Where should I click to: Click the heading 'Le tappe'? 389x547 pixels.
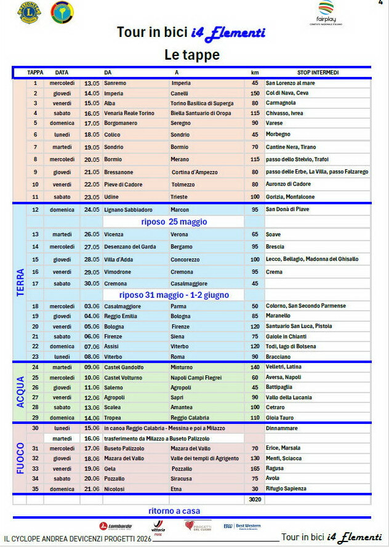coord(191,55)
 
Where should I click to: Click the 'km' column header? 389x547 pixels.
coord(254,73)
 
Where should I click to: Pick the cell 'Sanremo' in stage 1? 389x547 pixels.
coord(115,83)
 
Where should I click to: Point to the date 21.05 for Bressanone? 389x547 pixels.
coord(92,172)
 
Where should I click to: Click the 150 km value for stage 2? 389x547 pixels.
coord(254,93)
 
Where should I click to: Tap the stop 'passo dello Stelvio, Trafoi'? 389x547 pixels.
coord(297,159)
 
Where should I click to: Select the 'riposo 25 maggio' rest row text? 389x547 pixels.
coord(174,222)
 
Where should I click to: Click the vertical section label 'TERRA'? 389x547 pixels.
coord(20,282)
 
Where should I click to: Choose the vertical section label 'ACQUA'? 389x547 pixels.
coord(20,392)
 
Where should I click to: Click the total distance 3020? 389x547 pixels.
coord(254,500)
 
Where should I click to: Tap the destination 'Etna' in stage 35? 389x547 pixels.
coord(176,489)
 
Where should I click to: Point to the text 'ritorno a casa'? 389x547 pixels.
coord(174,511)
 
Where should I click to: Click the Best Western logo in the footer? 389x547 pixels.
coord(242,526)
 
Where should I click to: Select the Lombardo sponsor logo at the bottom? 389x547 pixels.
coord(116,526)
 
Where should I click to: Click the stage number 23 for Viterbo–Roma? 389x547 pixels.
coord(35,356)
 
